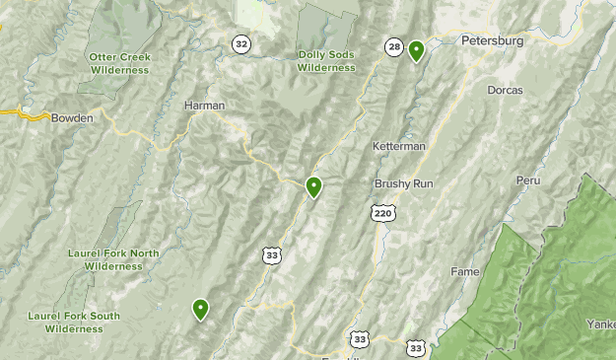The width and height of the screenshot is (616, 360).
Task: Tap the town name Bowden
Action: (73, 117)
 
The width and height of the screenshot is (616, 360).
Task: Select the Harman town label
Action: (204, 105)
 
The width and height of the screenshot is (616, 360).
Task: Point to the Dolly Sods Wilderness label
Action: (325, 61)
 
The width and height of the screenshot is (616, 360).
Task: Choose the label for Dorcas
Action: (505, 90)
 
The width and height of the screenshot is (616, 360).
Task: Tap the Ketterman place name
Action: (398, 146)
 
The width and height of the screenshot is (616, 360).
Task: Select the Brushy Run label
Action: (403, 184)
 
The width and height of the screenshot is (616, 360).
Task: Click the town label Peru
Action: (528, 180)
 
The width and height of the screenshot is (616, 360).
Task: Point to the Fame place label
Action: (464, 271)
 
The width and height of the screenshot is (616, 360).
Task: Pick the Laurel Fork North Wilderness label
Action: (112, 259)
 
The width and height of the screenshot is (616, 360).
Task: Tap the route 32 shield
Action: (240, 43)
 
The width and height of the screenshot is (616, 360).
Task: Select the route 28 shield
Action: (394, 46)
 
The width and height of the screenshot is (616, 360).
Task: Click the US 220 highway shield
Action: (383, 212)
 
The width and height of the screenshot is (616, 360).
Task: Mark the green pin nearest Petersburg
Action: (416, 50)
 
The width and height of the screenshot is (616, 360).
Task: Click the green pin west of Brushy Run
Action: (313, 186)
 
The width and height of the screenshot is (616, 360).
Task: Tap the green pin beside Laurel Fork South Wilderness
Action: (201, 310)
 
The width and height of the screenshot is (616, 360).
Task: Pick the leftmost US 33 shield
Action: (271, 254)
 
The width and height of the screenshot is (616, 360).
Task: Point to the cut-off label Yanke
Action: (600, 324)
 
